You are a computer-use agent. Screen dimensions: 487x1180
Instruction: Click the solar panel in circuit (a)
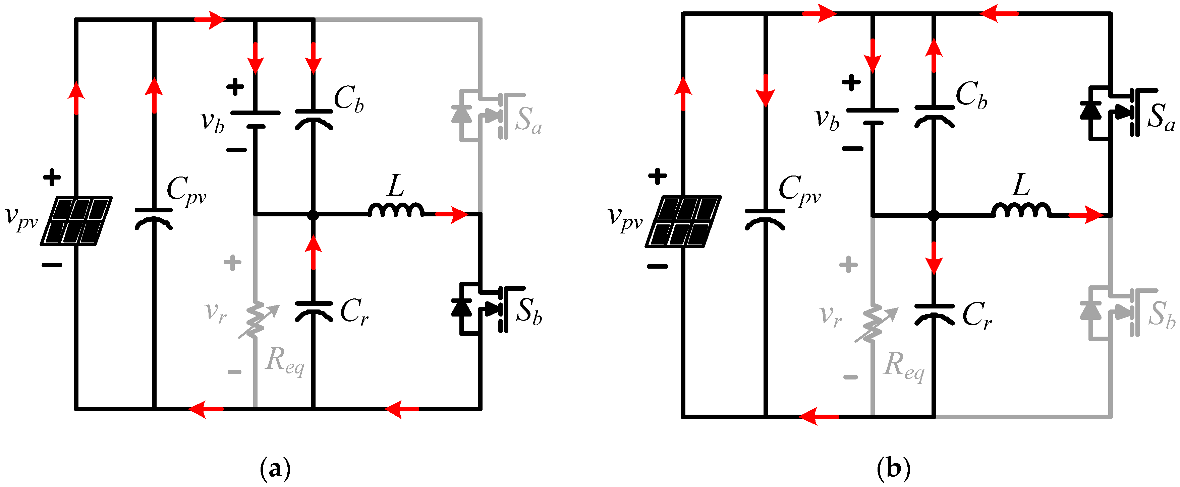pyautogui.click(x=76, y=221)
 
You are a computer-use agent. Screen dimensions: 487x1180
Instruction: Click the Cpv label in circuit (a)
pyautogui.click(x=185, y=190)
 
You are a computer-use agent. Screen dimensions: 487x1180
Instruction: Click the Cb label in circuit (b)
pyautogui.click(x=971, y=95)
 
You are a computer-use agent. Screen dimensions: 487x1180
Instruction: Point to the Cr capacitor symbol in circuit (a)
pyautogui.click(x=313, y=310)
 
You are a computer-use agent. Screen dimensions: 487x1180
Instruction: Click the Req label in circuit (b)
pyautogui.click(x=904, y=366)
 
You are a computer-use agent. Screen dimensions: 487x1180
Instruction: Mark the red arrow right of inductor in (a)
pyautogui.click(x=451, y=214)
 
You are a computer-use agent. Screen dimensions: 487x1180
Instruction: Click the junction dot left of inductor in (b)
pyautogui.click(x=934, y=215)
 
